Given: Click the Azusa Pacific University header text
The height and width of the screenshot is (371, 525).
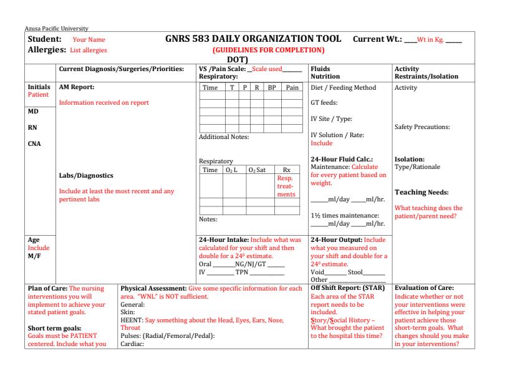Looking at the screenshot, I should coord(57,29).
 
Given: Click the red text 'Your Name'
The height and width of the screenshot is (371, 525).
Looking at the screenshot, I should coord(89,40).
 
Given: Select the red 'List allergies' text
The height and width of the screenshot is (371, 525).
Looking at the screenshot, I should coord(89,50).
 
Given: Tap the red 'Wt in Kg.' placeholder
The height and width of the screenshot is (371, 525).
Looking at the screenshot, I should coord(430,40).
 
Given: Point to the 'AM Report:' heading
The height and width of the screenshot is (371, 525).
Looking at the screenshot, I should coord(77,87).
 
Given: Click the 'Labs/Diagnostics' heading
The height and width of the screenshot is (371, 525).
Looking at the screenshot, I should coord(86,176).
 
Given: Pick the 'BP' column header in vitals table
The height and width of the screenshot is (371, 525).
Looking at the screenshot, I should coord(272,88).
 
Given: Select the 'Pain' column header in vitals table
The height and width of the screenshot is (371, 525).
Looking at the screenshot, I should coord(292,88).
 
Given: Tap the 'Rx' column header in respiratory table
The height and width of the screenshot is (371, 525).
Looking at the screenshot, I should coord(287,170).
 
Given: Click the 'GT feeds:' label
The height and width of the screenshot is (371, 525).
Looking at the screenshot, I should coord(324,103).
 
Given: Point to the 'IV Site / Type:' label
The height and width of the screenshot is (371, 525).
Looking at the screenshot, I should coord(332,118).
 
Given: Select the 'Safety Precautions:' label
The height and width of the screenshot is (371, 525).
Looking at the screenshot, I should coord(423,127).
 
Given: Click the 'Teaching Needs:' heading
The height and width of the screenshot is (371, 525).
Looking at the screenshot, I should coord(421,192).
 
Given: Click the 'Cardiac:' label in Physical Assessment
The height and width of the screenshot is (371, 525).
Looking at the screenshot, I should coord(132,344).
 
